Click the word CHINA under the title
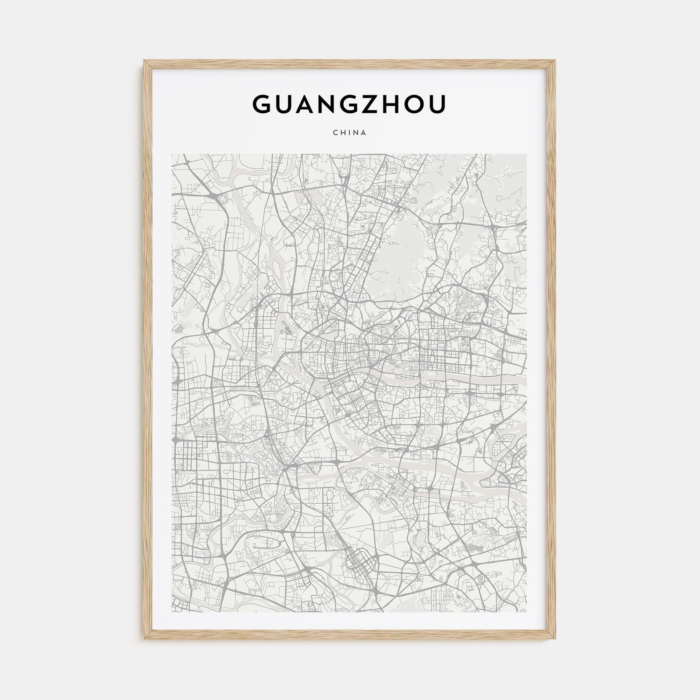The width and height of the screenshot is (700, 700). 350,133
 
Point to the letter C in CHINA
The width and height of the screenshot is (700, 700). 335,133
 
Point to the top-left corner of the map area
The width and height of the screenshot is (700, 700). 172,154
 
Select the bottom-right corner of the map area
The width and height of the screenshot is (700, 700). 526,612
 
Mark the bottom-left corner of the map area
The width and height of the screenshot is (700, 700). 172,612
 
